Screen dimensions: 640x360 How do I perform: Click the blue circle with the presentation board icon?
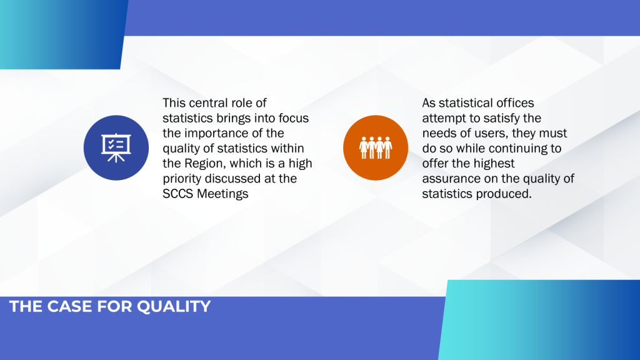tap(116, 147)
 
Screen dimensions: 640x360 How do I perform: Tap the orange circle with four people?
tap(376, 147)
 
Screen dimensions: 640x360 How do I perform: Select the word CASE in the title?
tap(69, 306)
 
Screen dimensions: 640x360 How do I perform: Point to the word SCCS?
tap(178, 194)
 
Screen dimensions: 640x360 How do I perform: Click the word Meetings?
tap(223, 194)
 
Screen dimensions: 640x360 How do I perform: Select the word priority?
tap(182, 179)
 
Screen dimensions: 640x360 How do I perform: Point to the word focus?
tap(294, 118)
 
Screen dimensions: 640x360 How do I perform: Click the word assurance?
tap(451, 179)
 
